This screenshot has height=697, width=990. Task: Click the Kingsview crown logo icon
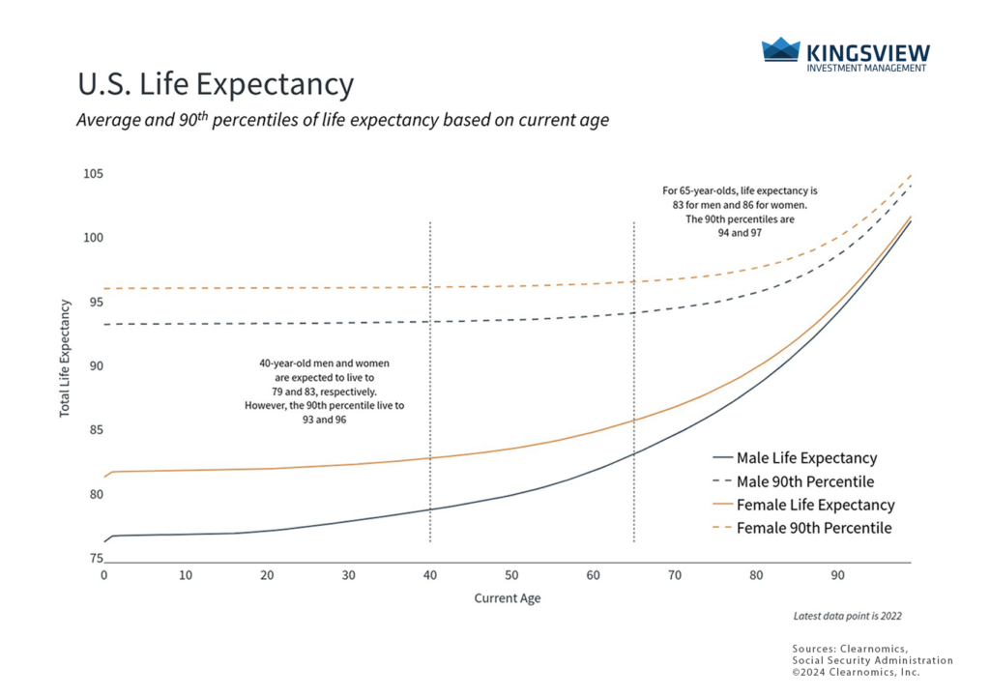[781, 51]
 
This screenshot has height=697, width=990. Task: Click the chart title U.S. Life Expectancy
[216, 85]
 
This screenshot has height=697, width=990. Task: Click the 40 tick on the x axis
[429, 574]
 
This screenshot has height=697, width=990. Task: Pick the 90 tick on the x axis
[838, 574]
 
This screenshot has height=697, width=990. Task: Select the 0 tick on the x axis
[103, 574]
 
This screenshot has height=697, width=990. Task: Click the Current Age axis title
[508, 598]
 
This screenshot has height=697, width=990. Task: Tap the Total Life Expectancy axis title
[66, 358]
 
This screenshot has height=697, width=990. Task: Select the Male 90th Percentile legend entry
[805, 481]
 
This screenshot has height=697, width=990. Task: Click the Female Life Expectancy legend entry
[815, 505]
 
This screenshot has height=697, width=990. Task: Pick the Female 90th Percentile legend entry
[813, 529]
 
